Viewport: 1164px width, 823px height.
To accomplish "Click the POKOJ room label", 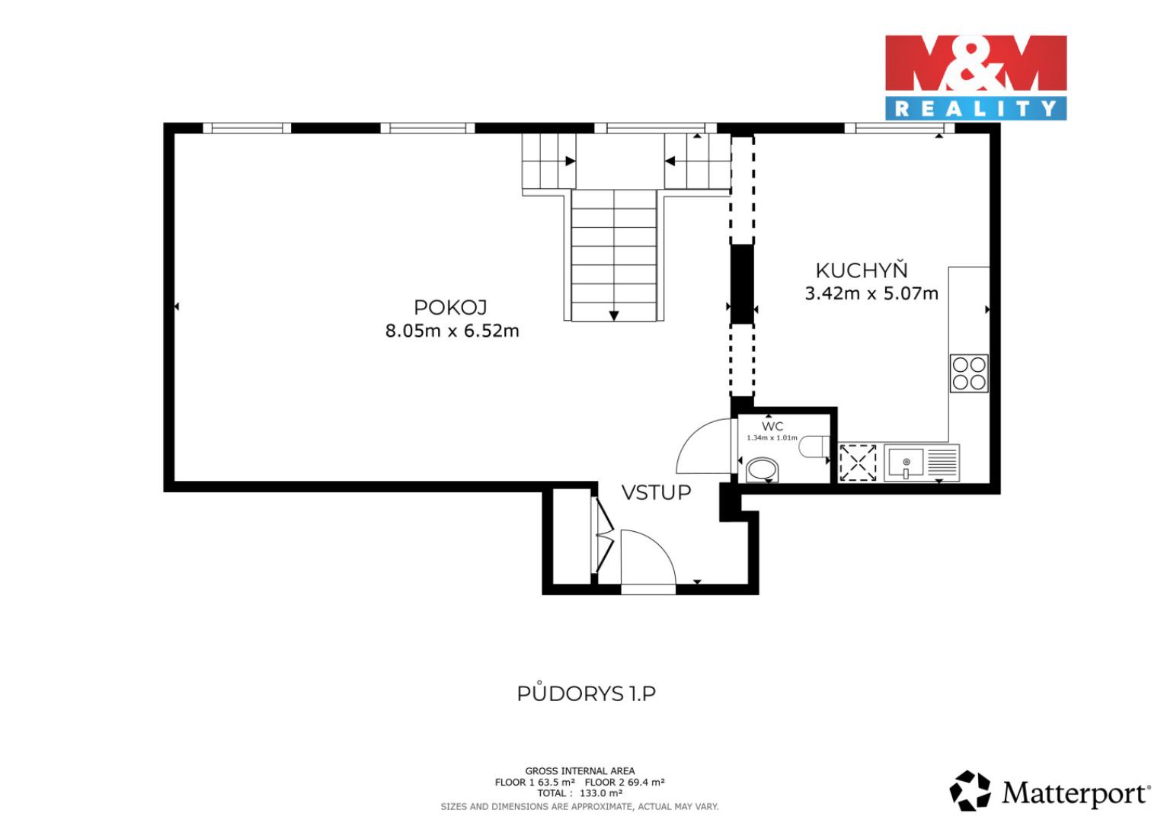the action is (x=450, y=307).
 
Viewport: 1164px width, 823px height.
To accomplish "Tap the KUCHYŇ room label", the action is (x=862, y=270).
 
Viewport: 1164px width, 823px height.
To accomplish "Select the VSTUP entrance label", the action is (x=657, y=492).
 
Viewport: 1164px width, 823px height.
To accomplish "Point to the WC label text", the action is (x=772, y=426).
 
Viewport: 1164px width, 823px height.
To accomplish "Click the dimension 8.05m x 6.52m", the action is (x=452, y=331).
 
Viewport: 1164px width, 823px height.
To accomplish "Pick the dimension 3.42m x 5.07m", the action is (x=871, y=293).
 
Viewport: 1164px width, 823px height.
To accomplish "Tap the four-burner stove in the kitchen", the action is (x=969, y=373).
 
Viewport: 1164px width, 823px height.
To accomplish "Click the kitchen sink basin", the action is (x=906, y=463).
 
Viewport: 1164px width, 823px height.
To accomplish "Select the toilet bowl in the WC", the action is (x=814, y=447).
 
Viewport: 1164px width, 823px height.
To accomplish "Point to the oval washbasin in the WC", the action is (x=762, y=469).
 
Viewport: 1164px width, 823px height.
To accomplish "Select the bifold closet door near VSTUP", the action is (x=604, y=536).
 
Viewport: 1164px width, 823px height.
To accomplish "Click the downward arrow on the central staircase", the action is (x=614, y=315).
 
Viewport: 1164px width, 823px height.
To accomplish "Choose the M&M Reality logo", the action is (x=976, y=78).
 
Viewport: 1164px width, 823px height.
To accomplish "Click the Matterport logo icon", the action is (x=970, y=791).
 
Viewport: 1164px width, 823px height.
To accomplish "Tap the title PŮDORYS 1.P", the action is (x=586, y=693).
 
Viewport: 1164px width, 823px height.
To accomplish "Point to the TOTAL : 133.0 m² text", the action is (x=580, y=793).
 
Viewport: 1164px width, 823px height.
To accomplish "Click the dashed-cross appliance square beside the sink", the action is (x=858, y=463).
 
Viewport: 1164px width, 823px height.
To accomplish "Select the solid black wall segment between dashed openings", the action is (x=742, y=284).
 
